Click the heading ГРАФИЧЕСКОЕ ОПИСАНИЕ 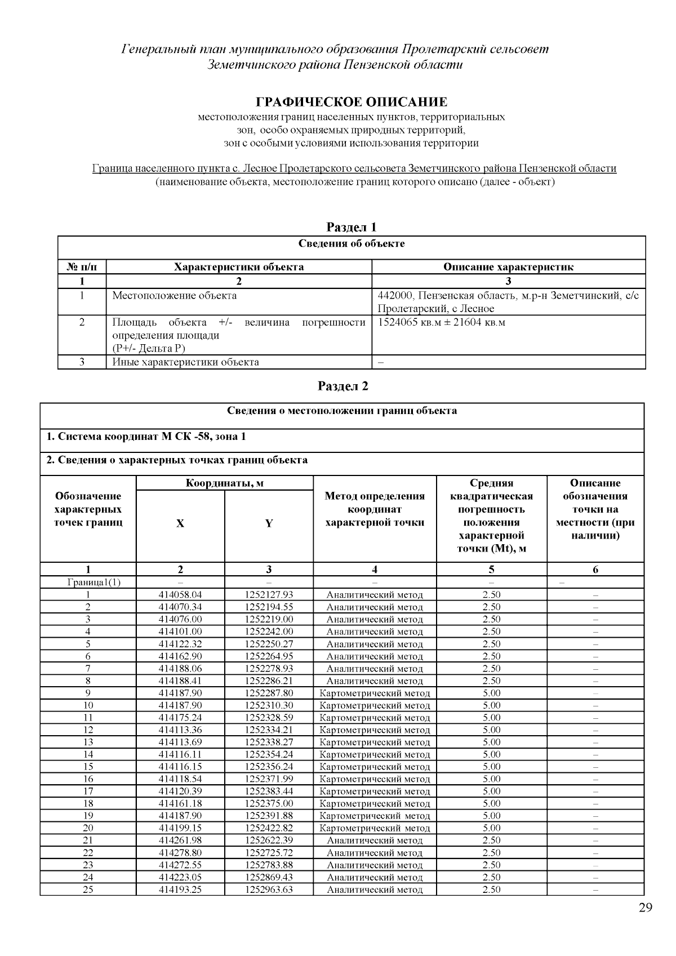point(352,102)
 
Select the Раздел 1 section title point(352,227)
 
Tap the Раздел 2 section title point(343,386)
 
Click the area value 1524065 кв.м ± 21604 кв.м point(441,322)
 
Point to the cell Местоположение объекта point(174,296)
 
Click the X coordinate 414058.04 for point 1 point(180,595)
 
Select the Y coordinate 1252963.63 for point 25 point(269,890)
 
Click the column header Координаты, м point(224,483)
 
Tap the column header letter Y point(269,523)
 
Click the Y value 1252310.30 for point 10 point(269,705)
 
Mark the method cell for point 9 point(375,693)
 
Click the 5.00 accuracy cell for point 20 point(491,828)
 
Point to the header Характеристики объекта point(239,267)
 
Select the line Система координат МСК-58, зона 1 point(146,437)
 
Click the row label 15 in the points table point(88,767)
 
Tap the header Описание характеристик point(508,267)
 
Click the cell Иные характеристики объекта point(185,362)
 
